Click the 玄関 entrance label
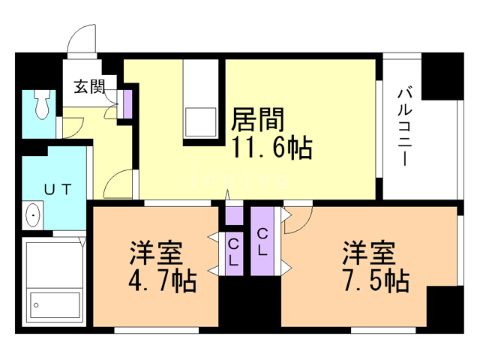(88, 87)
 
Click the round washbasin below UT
(34, 216)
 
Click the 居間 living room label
(259, 120)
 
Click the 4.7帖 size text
(163, 282)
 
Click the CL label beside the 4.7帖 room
(234, 252)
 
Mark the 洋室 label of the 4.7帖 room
(157, 251)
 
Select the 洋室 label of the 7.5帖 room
(369, 251)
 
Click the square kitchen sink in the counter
(199, 122)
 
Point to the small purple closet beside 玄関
(127, 103)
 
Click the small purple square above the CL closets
(234, 215)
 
